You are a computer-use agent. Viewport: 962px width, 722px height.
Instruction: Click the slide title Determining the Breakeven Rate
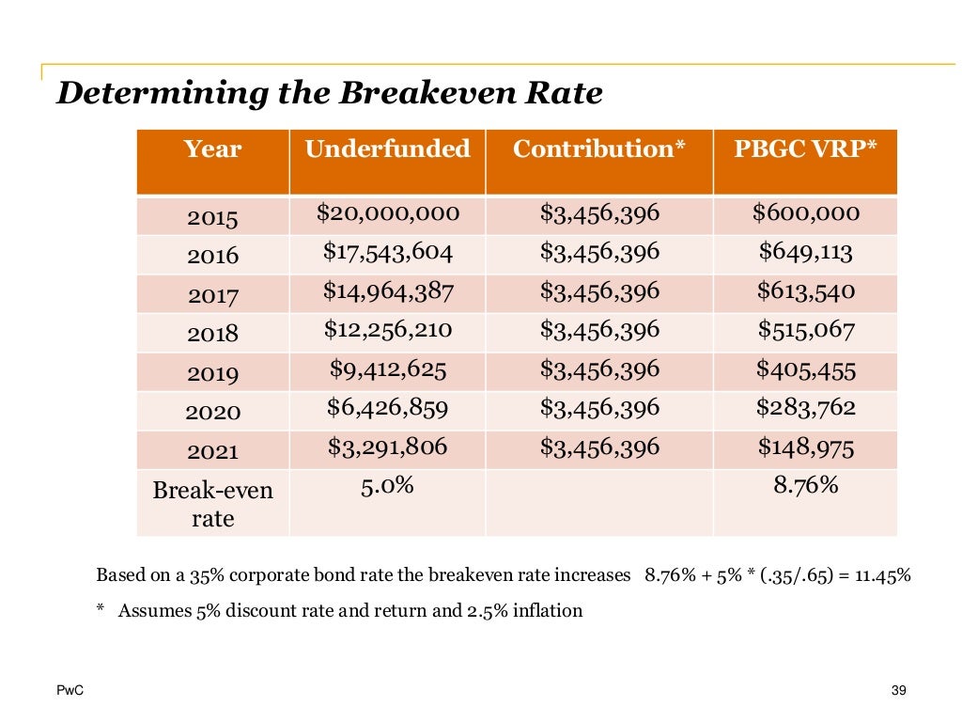pos(329,94)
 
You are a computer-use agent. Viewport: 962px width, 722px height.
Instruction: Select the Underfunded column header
pos(387,149)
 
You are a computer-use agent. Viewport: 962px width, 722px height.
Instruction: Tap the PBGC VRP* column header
pos(805,149)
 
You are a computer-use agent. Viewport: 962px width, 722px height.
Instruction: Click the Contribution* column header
pos(599,149)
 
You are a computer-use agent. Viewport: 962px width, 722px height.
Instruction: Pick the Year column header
pos(212,149)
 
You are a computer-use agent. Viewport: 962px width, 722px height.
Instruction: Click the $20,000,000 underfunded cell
pos(387,213)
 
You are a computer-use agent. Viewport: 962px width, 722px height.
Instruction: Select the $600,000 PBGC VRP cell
pos(805,213)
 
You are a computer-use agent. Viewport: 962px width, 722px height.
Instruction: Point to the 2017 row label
pos(213,296)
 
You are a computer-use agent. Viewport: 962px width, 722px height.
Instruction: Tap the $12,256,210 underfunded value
pos(388,330)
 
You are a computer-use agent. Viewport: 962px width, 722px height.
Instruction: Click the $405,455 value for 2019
pos(805,369)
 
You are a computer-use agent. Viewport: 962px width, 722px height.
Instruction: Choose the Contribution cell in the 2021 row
pos(599,447)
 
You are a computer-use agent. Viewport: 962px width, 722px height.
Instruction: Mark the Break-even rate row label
pos(213,504)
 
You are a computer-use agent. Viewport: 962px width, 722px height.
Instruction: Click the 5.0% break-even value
pos(388,487)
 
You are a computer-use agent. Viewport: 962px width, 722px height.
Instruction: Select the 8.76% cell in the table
pos(805,487)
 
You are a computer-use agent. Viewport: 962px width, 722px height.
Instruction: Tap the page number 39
pos(897,692)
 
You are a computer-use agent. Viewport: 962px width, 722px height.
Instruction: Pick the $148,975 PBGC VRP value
pos(805,447)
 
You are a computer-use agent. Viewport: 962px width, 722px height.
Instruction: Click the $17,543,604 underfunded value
pos(388,252)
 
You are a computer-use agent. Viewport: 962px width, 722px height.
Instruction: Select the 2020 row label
pos(213,412)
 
